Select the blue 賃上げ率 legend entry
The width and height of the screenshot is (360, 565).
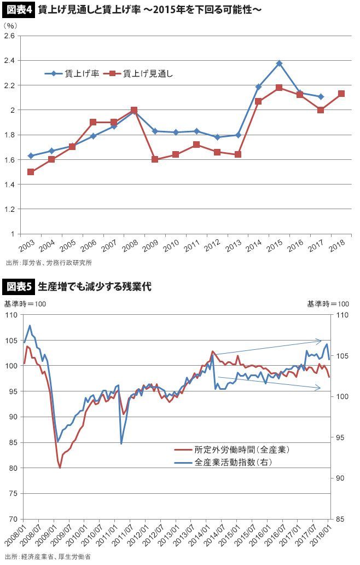[72, 73]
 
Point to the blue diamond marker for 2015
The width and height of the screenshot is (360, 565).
[279, 64]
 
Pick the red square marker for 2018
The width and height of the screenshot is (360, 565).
[341, 94]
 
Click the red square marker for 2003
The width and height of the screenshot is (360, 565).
[31, 172]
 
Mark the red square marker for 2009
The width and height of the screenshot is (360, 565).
[155, 159]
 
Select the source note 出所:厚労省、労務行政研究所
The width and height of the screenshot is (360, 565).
[49, 263]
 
